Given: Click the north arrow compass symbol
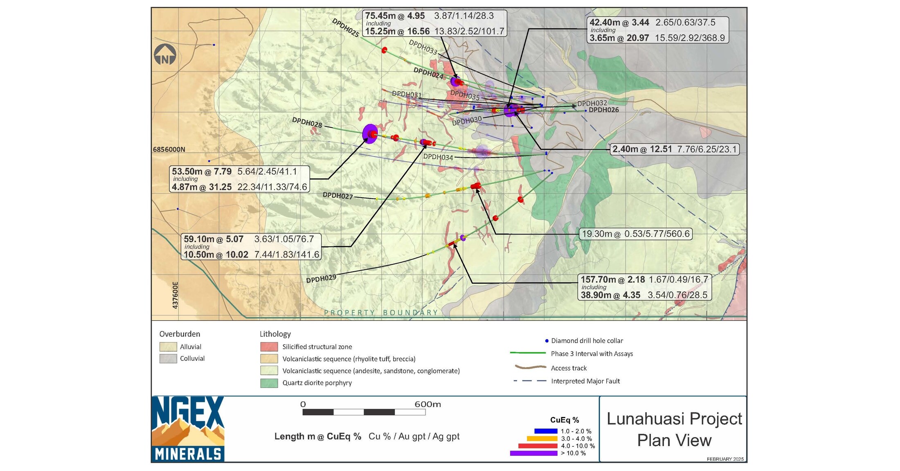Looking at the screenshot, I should pos(165,55).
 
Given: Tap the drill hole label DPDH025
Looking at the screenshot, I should pos(345,28).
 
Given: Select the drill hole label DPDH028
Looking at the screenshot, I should pos(307,122).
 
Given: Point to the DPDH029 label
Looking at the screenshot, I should pos(321,279).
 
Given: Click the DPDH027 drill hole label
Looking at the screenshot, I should pos(337,196).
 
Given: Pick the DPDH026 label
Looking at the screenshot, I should pos(603,110).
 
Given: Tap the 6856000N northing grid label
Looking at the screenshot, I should pos(169,149).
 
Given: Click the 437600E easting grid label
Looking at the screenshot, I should pos(175,295).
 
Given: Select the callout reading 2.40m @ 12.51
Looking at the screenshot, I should pos(675,149).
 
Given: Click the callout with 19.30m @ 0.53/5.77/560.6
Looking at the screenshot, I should pos(636,234).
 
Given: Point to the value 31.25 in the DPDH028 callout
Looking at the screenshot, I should pos(220,187).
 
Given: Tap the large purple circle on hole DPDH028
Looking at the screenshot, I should pos(370,134).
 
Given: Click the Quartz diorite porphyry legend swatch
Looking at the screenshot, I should pos(269,383).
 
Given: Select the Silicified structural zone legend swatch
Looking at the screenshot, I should pos(269,347).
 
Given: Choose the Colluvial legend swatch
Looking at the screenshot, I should pos(168,358).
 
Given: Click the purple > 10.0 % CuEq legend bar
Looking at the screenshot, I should pos(533,453).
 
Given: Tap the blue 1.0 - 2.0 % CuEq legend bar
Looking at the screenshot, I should pos(546,431).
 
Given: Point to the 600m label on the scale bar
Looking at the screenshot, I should pos(427,404).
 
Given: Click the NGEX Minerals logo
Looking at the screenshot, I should pos(188,429).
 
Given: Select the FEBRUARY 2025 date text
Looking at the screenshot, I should pos(725,459).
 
